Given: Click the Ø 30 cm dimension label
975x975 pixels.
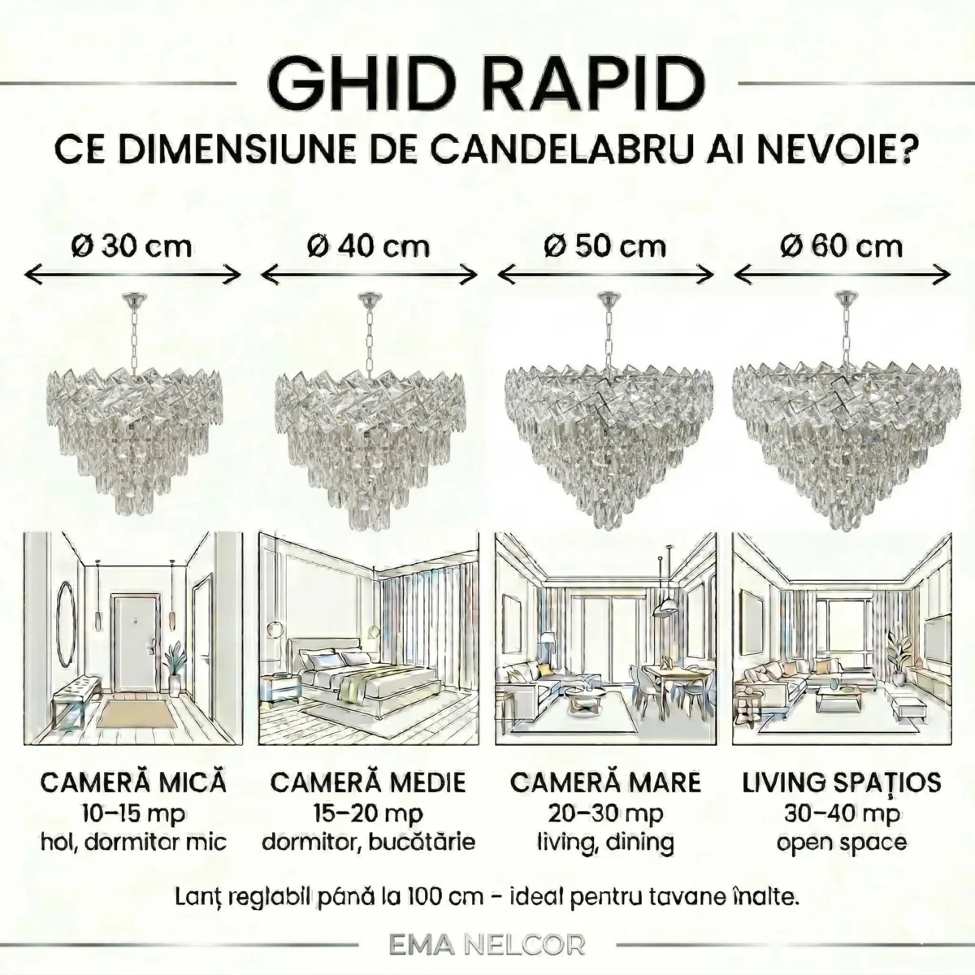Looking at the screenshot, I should [132, 245].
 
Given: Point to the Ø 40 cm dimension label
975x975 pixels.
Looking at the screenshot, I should [369, 245].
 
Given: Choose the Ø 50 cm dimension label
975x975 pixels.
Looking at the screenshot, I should [604, 245].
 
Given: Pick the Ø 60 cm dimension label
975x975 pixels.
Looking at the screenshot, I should [842, 245].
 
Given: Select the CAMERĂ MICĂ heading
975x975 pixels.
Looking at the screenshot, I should [133, 782].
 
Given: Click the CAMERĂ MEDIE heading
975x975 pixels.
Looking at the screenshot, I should [369, 782].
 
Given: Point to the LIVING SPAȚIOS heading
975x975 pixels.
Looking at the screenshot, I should [842, 782].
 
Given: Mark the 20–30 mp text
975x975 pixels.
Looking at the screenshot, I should [604, 812].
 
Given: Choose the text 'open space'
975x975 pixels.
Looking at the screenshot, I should [842, 842].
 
